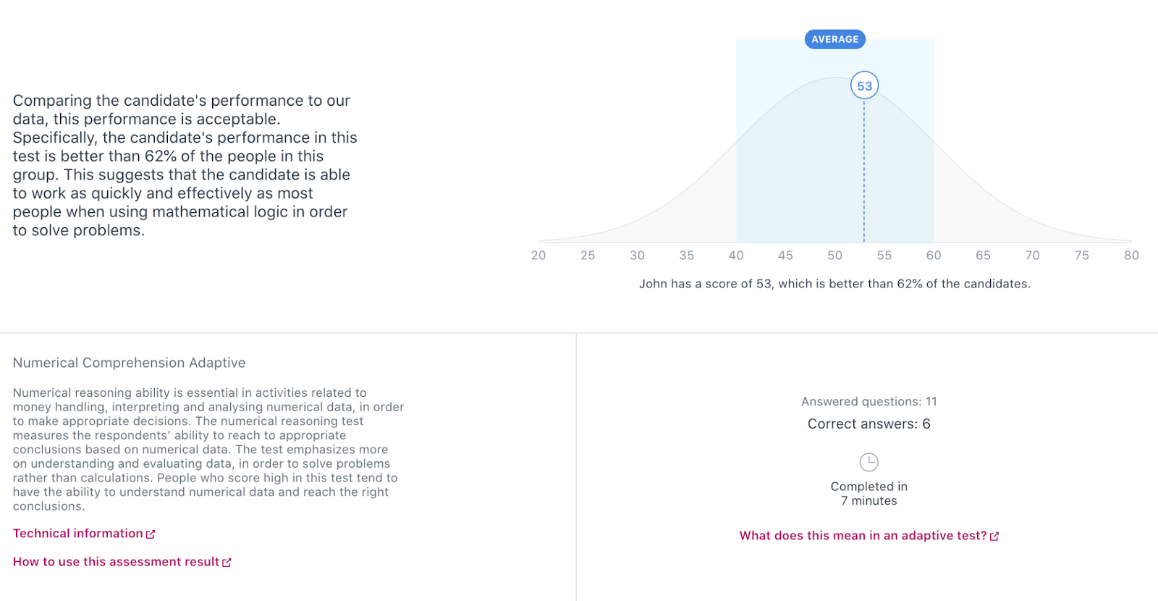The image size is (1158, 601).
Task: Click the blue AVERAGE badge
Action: click(x=835, y=39)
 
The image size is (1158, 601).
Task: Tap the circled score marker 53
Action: click(x=864, y=86)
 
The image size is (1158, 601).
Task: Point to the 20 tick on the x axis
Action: click(x=538, y=256)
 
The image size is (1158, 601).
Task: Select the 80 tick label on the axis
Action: click(x=1131, y=256)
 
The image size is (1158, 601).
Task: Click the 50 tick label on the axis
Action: click(x=835, y=256)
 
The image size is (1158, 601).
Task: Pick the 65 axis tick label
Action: click(x=983, y=256)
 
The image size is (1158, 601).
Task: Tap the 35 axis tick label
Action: click(x=687, y=256)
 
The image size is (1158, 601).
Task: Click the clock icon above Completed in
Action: click(x=868, y=462)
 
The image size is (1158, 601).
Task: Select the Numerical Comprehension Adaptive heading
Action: click(x=130, y=363)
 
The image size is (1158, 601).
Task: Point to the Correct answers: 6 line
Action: click(x=869, y=424)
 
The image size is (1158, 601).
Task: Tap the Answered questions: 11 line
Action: click(x=869, y=401)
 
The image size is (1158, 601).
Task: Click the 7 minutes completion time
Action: click(x=869, y=500)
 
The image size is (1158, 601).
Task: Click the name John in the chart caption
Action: click(x=653, y=284)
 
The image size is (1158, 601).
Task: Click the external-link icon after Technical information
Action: click(x=151, y=534)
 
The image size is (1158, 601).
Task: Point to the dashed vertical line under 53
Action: click(x=864, y=171)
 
